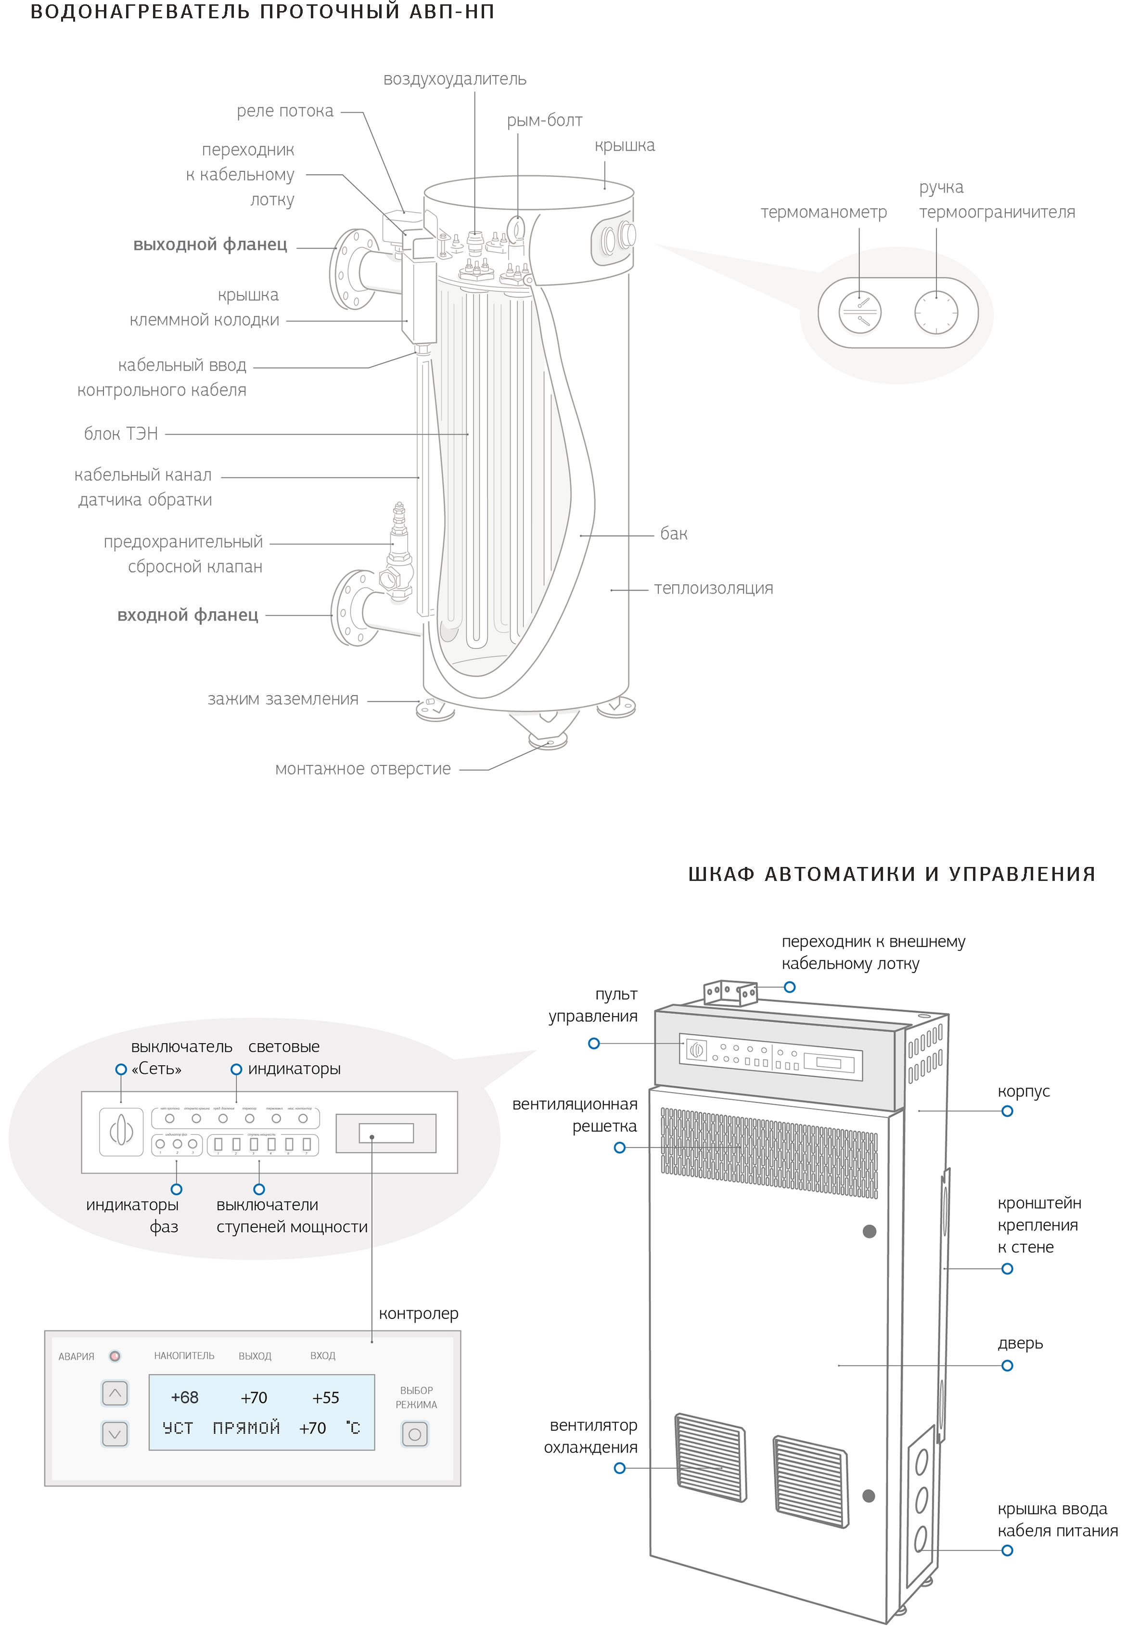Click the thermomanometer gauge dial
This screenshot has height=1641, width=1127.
click(859, 311)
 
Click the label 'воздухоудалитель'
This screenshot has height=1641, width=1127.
click(455, 79)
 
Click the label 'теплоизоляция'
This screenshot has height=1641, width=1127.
click(713, 588)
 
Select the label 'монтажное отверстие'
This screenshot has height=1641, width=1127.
click(362, 769)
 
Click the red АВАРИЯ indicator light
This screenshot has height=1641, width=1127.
click(115, 1356)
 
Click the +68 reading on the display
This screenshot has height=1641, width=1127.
click(184, 1397)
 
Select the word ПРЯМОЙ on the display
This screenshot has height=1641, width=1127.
click(246, 1428)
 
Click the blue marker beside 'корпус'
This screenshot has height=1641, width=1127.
click(1007, 1111)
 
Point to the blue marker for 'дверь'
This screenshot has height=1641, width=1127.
click(1007, 1366)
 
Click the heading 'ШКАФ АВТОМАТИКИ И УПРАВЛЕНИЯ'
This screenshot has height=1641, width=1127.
click(891, 874)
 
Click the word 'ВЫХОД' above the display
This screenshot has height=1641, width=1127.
click(255, 1356)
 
